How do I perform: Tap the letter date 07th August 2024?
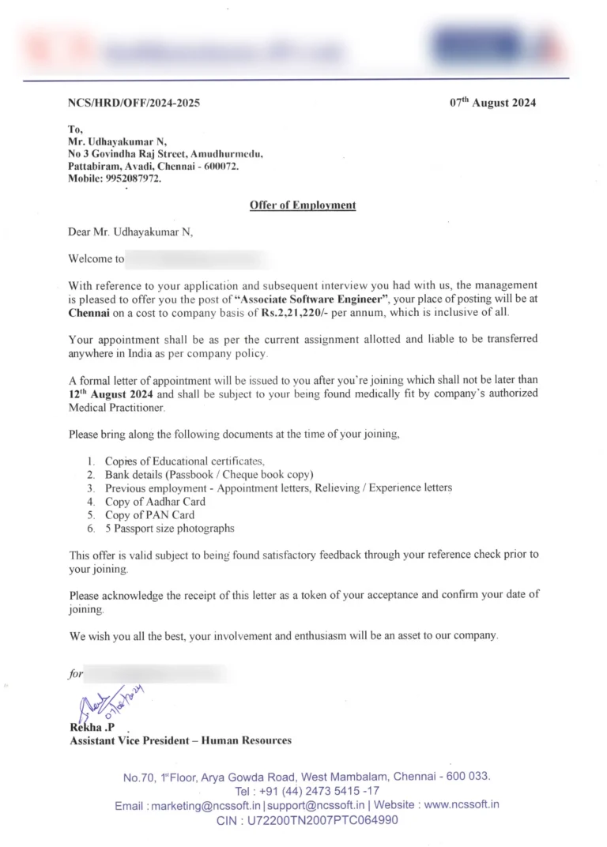coord(493,103)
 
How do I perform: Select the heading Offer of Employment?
coord(303,205)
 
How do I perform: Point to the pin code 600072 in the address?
coord(220,167)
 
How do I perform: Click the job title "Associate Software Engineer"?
coord(281,299)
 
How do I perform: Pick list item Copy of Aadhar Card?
coord(155,501)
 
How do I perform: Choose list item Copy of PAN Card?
coord(149,514)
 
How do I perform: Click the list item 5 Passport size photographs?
coord(169,528)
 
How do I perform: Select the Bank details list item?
coord(209,474)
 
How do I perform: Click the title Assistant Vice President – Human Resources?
coord(180,740)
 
